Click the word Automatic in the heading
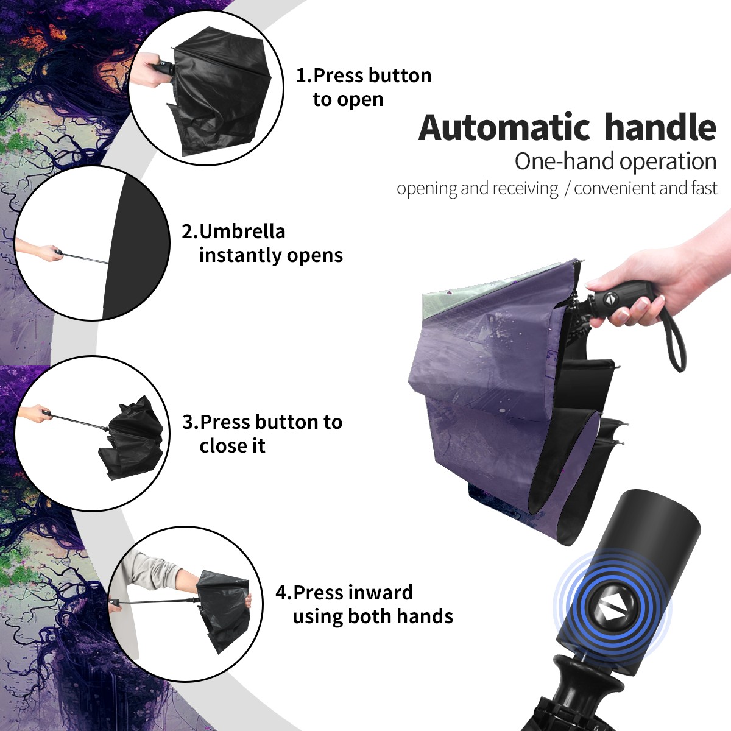(504, 128)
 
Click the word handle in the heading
(660, 127)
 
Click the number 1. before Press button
(303, 76)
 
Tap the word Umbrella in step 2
(242, 231)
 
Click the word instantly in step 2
(241, 255)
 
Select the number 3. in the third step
(191, 422)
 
